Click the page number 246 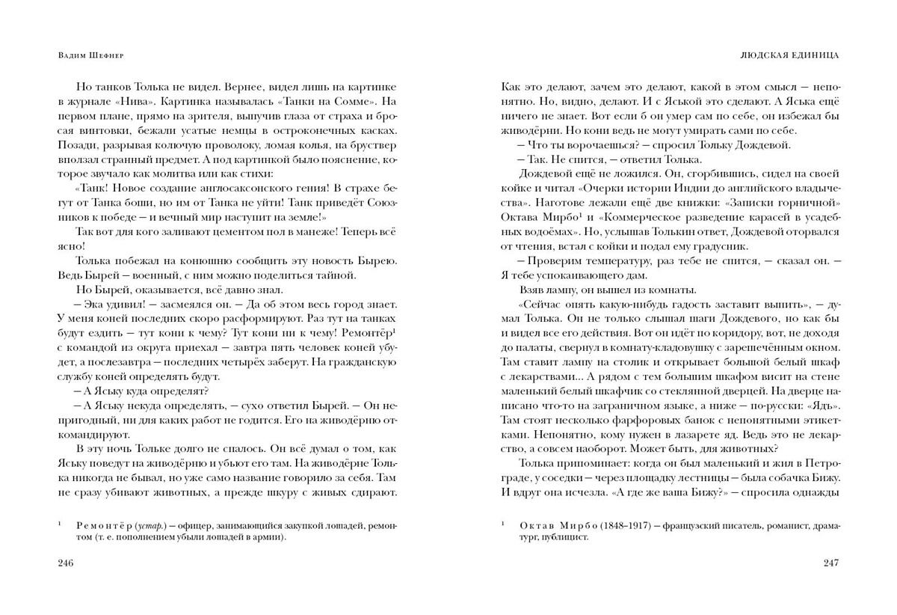(x=67, y=562)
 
